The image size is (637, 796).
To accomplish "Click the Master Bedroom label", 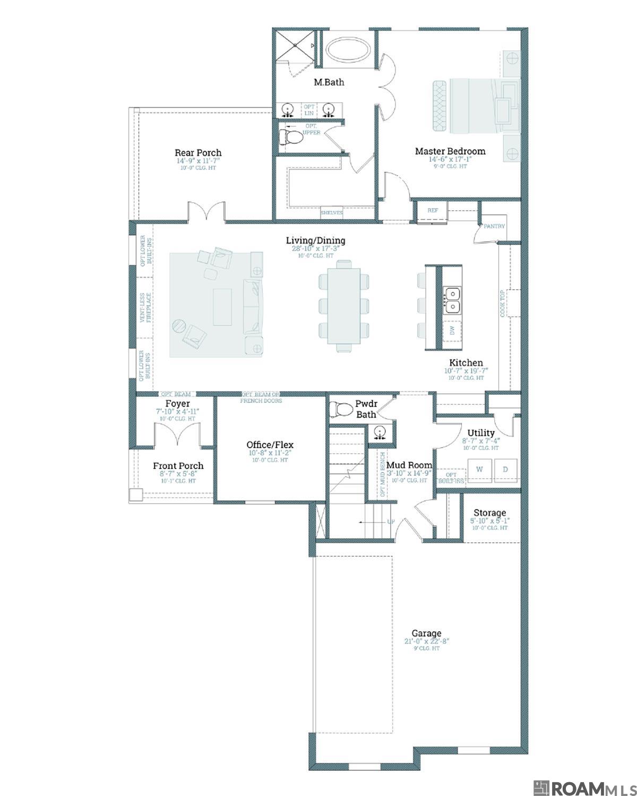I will [450, 151].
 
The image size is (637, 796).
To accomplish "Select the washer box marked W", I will [480, 469].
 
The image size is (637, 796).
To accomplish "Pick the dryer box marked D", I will [505, 469].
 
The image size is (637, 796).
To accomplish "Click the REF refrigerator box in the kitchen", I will [433, 211].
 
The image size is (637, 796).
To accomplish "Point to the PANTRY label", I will [494, 226].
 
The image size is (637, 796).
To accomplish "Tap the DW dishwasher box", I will [452, 330].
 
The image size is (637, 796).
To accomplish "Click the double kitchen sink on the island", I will [452, 300].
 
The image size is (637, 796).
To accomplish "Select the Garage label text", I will [426, 633].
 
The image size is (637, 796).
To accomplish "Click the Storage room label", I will [489, 513].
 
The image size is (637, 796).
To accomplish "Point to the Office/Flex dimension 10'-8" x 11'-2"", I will [270, 453].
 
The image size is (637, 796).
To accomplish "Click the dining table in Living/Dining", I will [343, 306].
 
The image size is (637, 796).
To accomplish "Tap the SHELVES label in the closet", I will [332, 213].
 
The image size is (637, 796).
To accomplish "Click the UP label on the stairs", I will [391, 522].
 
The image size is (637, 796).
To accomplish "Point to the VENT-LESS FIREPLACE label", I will [145, 308].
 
